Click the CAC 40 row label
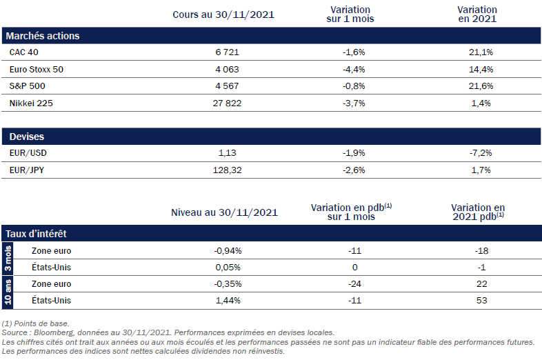tap(23, 52)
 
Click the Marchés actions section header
tap(42, 36)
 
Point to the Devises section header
tap(26, 137)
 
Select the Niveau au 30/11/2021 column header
tap(223, 212)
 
